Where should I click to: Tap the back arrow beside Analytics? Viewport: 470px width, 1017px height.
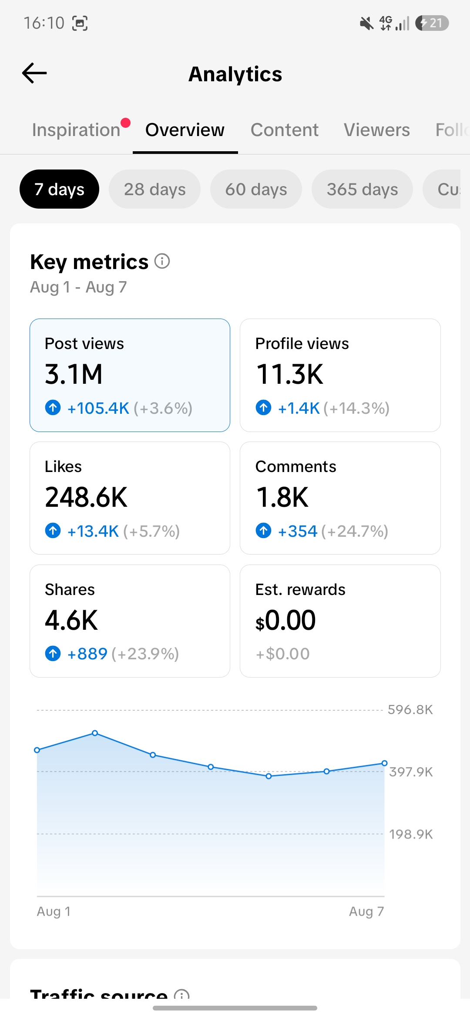(x=34, y=73)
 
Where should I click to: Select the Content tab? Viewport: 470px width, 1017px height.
(x=285, y=130)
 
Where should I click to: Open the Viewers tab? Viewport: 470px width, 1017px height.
(x=377, y=130)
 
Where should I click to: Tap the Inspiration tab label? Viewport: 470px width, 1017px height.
(x=76, y=130)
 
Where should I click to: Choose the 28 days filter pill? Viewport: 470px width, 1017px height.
(x=154, y=189)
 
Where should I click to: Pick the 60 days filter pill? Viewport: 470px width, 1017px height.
(x=256, y=189)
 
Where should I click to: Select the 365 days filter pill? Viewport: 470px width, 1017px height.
(x=362, y=189)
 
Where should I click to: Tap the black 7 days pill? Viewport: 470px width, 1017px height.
(x=59, y=189)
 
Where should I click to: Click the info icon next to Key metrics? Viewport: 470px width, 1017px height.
(x=162, y=261)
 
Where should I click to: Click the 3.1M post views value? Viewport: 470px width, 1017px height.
(x=74, y=374)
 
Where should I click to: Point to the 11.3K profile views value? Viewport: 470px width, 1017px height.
(x=289, y=374)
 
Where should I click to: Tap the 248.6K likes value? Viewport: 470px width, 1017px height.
(x=86, y=497)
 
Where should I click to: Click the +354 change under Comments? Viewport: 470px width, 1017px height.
(x=298, y=531)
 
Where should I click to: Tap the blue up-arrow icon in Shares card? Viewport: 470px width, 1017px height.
(x=53, y=653)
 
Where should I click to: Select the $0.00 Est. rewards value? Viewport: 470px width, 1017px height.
(x=285, y=620)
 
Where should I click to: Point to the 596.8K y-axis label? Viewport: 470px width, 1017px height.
(x=410, y=710)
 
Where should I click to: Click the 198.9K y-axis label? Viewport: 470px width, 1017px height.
(x=411, y=834)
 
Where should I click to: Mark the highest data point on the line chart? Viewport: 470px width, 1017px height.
(x=95, y=733)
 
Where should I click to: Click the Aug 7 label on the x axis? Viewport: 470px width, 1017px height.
(x=366, y=911)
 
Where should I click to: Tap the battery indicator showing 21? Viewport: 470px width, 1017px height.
(x=432, y=23)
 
